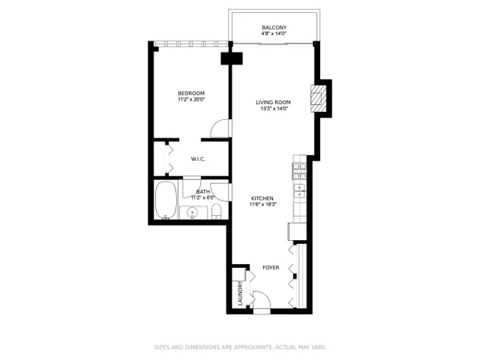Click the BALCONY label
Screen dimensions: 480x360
274,27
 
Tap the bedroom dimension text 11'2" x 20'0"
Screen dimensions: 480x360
191,99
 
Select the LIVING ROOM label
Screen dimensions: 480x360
273,102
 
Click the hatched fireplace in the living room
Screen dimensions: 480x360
318,98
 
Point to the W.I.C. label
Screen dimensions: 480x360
198,159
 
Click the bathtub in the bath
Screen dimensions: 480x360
166,200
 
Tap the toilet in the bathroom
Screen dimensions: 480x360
217,211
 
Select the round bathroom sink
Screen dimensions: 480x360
193,212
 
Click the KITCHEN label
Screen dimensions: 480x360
262,198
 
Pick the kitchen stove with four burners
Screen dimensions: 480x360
299,171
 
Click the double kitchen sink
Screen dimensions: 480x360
299,191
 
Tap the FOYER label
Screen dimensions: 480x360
271,267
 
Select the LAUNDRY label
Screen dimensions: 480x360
240,294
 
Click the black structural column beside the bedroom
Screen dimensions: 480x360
232,58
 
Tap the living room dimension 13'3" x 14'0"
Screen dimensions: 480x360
273,108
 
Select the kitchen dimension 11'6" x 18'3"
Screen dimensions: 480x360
263,205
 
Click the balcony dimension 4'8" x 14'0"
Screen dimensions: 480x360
274,34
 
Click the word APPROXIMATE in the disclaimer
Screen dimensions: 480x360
253,347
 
